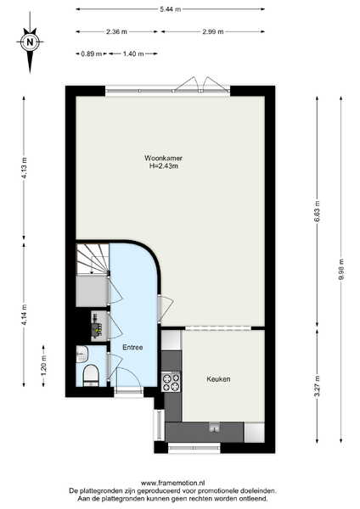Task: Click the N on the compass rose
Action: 30,42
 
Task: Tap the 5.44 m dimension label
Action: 171,9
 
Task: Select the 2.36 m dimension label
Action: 116,31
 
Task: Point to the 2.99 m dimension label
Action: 213,31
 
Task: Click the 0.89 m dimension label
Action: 92,53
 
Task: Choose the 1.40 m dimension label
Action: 133,53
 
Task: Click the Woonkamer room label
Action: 163,158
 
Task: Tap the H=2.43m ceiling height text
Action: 163,166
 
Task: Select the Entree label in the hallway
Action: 132,347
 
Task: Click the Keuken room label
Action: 219,379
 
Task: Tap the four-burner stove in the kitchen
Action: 172,382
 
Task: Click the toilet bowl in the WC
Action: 91,375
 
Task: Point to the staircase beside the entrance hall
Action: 93,259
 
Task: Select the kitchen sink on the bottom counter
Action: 214,428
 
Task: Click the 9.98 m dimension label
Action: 340,269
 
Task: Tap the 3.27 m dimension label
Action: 318,386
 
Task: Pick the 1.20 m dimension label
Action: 43,365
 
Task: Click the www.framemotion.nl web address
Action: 173,483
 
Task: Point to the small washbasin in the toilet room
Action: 82,354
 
